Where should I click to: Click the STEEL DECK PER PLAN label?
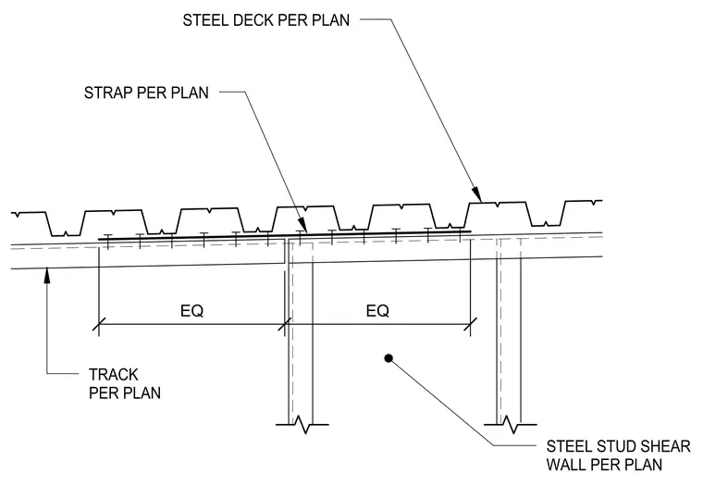pyautogui.click(x=265, y=20)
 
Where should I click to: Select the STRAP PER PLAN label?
pyautogui.click(x=146, y=93)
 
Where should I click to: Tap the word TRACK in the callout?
pyautogui.click(x=114, y=374)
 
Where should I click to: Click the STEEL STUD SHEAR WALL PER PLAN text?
pyautogui.click(x=618, y=455)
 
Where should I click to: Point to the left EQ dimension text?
pyautogui.click(x=191, y=310)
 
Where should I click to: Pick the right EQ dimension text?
pyautogui.click(x=377, y=310)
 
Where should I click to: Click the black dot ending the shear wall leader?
pyautogui.click(x=388, y=358)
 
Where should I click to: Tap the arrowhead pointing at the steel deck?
pyautogui.click(x=477, y=194)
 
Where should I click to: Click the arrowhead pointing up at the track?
pyautogui.click(x=46, y=276)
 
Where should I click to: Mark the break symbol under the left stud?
pyautogui.click(x=302, y=424)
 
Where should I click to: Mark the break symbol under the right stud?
pyautogui.click(x=511, y=424)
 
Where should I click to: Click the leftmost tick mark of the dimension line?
pyautogui.click(x=99, y=324)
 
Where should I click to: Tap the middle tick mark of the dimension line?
pyautogui.click(x=285, y=324)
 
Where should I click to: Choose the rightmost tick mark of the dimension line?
pyautogui.click(x=470, y=324)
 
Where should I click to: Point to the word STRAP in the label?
pyautogui.click(x=108, y=93)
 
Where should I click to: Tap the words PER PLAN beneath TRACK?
pyautogui.click(x=125, y=393)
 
